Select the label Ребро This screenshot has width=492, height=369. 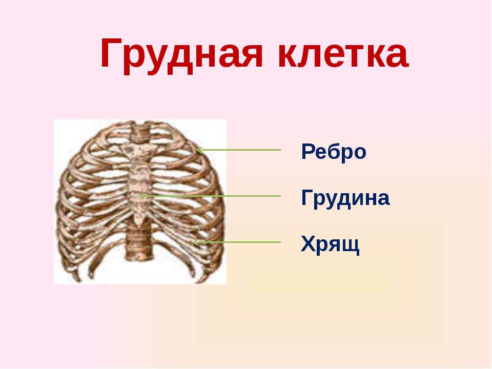[334, 152]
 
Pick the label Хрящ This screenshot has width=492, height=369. [330, 244]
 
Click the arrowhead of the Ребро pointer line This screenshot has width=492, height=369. [199, 150]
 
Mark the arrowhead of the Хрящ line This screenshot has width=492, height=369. [195, 242]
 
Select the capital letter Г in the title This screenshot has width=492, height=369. [111, 53]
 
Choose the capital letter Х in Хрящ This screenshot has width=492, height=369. [308, 243]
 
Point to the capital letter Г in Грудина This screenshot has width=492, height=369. [307, 197]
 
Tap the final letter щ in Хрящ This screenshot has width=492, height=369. [353, 246]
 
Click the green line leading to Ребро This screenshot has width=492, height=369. [238, 150]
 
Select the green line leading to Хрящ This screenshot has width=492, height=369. [237, 242]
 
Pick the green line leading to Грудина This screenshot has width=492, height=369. [210, 196]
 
